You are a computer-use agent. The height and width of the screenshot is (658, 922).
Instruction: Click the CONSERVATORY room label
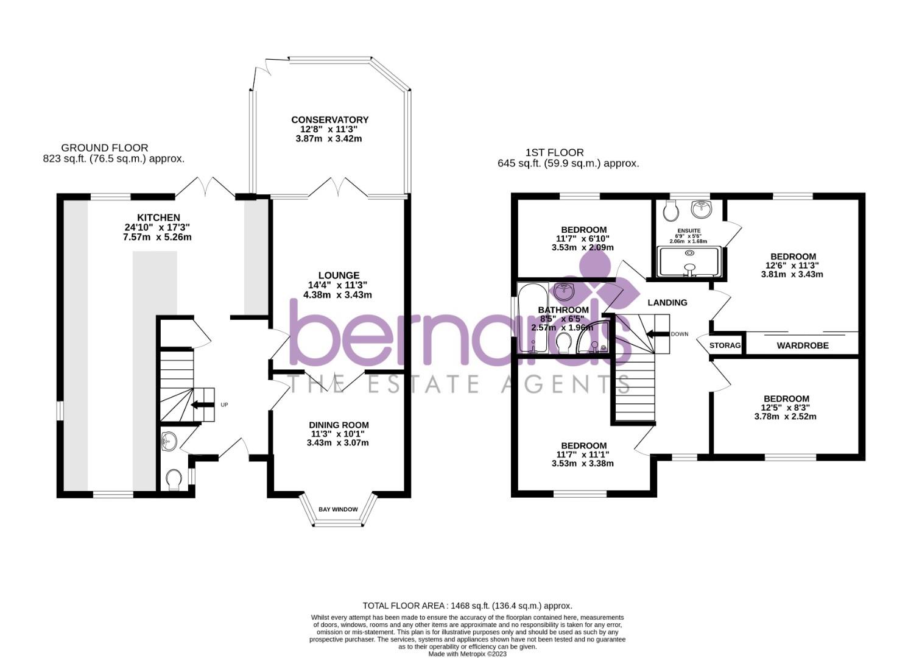tap(329, 120)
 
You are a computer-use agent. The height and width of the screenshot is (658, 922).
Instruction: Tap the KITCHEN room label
tap(158, 218)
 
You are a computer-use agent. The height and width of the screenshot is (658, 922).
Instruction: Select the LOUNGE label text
tap(339, 275)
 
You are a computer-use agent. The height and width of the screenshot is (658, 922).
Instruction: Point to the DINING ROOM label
tap(339, 425)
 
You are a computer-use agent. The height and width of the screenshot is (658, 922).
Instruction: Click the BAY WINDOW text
tap(338, 509)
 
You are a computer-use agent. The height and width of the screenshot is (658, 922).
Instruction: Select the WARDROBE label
tap(803, 345)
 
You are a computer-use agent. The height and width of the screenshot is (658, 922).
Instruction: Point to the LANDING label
tap(667, 302)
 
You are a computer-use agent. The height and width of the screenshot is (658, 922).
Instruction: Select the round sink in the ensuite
tap(702, 209)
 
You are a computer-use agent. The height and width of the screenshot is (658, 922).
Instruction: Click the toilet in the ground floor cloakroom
tap(174, 479)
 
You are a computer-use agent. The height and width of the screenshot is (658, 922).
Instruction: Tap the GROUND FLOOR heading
tap(105, 147)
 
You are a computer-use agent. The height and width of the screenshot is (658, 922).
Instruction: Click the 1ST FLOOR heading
tap(554, 152)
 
